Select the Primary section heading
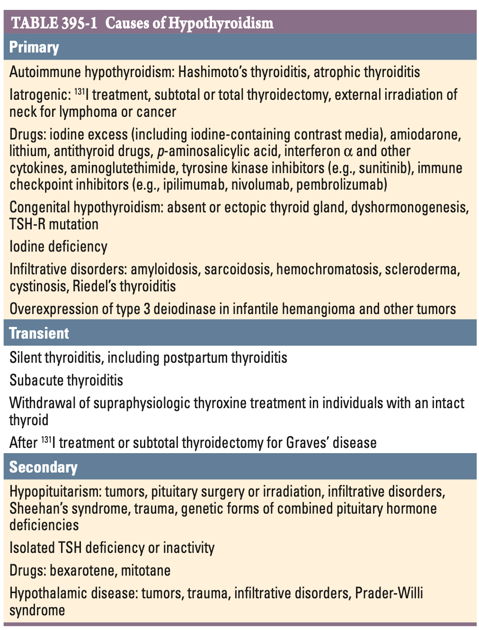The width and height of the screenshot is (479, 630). (34, 47)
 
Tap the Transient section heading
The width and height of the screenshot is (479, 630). (39, 333)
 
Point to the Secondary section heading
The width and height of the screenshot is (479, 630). (44, 467)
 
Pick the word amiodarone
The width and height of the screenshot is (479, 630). (425, 134)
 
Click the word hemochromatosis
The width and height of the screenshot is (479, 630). (328, 269)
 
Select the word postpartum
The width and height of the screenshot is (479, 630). (195, 358)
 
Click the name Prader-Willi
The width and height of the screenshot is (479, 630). (389, 593)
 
